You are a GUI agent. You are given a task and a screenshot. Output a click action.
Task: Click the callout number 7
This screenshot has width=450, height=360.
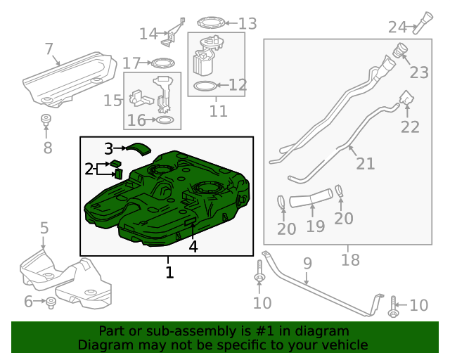(x=49, y=49)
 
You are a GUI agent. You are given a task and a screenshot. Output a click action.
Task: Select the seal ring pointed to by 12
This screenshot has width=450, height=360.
(x=203, y=86)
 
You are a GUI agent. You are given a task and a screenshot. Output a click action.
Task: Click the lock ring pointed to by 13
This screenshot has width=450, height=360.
(x=210, y=23)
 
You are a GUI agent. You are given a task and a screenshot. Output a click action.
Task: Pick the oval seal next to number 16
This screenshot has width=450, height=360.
(x=162, y=121)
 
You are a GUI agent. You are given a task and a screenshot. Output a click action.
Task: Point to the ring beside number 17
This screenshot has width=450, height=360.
(x=163, y=63)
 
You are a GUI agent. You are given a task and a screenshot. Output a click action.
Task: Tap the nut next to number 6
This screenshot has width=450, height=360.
(x=51, y=302)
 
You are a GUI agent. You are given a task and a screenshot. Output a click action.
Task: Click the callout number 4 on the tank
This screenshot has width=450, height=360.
(x=193, y=246)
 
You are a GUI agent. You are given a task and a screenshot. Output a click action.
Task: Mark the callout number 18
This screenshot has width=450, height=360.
(x=349, y=259)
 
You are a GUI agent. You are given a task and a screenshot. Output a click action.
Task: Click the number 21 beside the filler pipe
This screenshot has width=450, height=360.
(x=365, y=164)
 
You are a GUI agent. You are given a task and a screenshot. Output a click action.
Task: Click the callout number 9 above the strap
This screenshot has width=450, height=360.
(x=307, y=263)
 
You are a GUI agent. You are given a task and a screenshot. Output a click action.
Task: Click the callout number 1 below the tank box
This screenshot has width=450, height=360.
(x=169, y=271)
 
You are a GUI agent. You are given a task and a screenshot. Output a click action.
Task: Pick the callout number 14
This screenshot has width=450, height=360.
(x=148, y=34)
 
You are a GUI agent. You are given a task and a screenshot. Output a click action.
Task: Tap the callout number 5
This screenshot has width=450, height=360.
(x=44, y=228)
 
